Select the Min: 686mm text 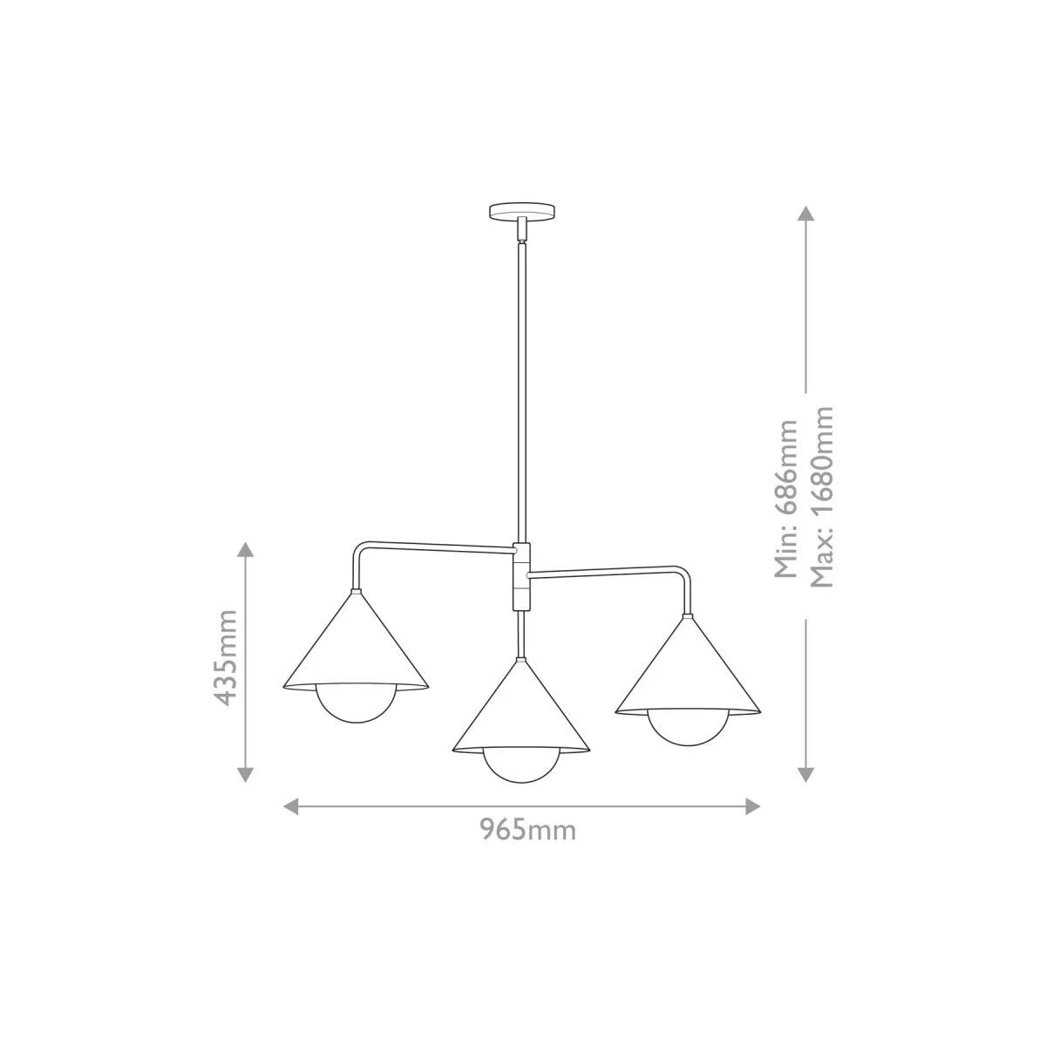click(x=786, y=499)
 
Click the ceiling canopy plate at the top click(x=522, y=210)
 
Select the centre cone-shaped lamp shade click(x=521, y=707)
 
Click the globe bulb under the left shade click(x=357, y=706)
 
